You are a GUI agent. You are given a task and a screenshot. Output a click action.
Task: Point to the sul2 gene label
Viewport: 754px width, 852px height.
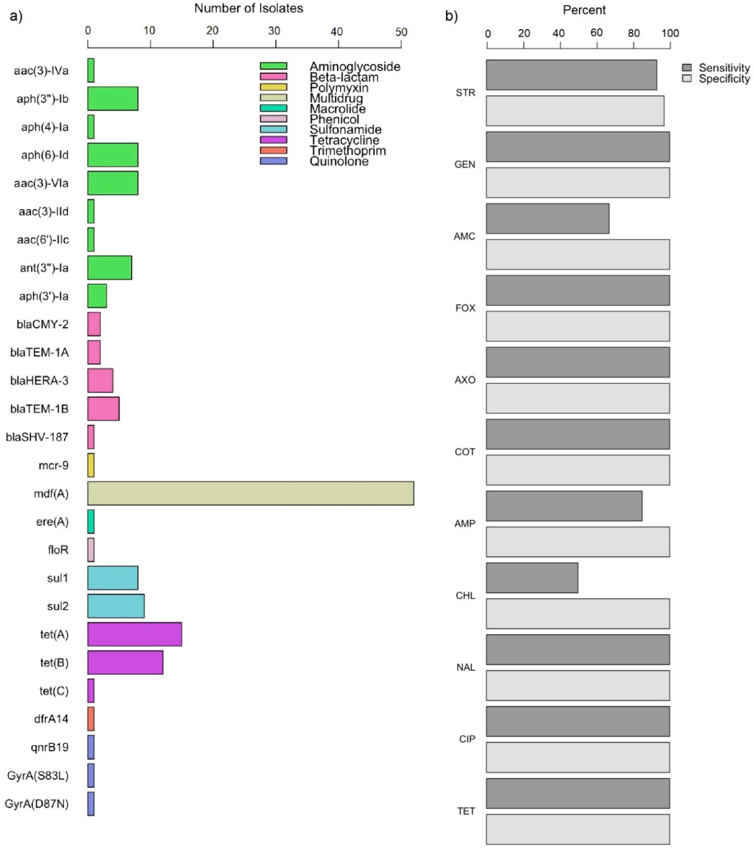pos(58,606)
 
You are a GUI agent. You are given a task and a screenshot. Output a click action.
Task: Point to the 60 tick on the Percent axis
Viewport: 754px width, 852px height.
pos(596,33)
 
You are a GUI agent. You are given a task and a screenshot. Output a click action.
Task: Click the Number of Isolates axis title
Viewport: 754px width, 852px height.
pos(249,8)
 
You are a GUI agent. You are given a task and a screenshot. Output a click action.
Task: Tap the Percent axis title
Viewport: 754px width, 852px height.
pos(584,10)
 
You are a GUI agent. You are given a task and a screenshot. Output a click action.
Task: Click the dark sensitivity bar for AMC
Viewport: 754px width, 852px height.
pos(547,218)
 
